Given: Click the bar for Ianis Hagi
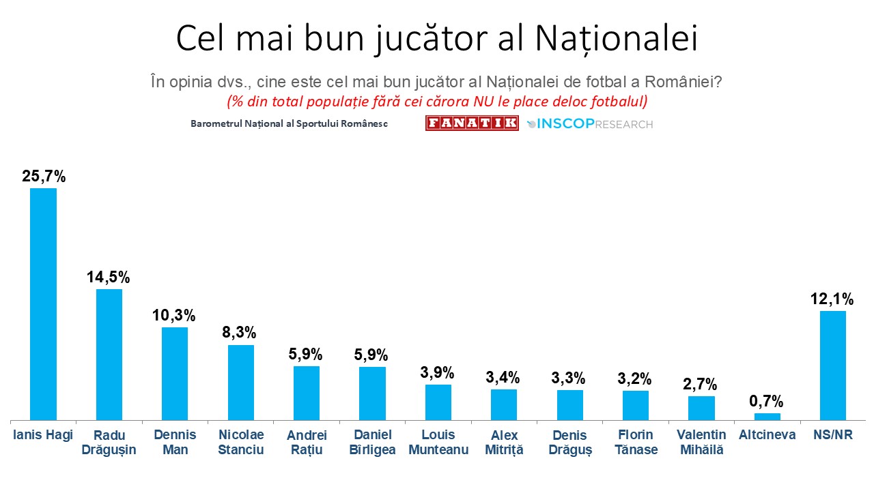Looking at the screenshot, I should (43, 304).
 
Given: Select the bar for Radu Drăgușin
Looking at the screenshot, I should (109, 355).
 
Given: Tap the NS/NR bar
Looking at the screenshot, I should (832, 366).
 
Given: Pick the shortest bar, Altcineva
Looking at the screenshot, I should (767, 417).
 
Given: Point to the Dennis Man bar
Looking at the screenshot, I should (175, 374).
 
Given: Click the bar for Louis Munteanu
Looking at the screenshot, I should (438, 402).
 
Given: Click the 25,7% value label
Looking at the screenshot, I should (44, 177).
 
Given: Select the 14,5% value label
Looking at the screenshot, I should (109, 278).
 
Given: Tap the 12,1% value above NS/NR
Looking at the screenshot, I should (832, 299).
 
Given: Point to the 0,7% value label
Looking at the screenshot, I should (767, 401).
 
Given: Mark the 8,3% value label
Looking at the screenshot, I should (240, 333).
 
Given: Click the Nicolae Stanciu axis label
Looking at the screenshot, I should (240, 442).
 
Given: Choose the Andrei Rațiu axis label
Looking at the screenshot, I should (307, 442).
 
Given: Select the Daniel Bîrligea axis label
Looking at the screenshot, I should (372, 442).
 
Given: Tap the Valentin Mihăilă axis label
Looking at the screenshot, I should (701, 442).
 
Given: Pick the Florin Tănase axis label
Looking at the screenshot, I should (635, 442).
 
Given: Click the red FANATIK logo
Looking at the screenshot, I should (472, 123).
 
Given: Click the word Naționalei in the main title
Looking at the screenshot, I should (616, 39).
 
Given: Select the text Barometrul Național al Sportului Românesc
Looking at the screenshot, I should (290, 124).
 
